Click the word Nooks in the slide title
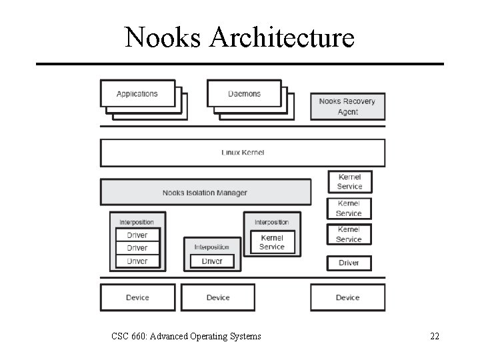click(x=163, y=37)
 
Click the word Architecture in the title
click(x=281, y=37)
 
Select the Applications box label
click(x=137, y=94)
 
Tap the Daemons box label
click(x=244, y=94)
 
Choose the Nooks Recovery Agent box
click(x=347, y=107)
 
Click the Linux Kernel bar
click(x=243, y=153)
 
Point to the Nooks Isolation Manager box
click(x=205, y=193)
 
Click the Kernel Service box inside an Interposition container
click(x=272, y=242)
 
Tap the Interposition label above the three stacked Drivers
click(x=137, y=222)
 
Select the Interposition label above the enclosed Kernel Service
click(x=271, y=222)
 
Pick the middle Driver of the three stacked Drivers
click(x=137, y=248)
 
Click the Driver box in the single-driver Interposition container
click(x=212, y=261)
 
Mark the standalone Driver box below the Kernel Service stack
click(x=349, y=263)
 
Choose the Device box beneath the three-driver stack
click(x=137, y=297)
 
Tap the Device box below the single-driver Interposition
click(x=218, y=297)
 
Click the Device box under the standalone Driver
click(x=347, y=297)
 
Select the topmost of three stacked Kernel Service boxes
click(x=349, y=182)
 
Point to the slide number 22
click(x=434, y=337)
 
